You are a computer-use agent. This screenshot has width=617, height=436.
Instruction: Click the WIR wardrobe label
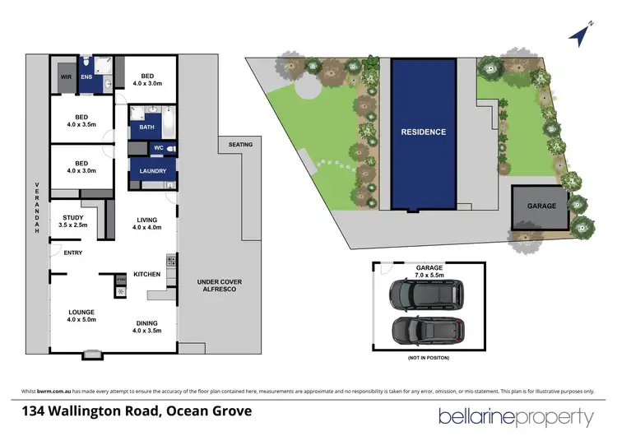click(66, 78)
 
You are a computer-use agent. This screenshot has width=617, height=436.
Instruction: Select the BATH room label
click(146, 128)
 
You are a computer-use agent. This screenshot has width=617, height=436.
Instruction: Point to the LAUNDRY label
click(153, 171)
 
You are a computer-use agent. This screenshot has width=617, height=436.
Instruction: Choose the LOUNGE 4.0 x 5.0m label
click(82, 316)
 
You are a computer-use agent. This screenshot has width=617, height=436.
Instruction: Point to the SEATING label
click(240, 145)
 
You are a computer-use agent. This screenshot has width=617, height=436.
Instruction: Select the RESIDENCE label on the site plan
click(423, 132)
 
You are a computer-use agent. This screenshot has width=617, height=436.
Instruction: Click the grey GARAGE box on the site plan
click(540, 206)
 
